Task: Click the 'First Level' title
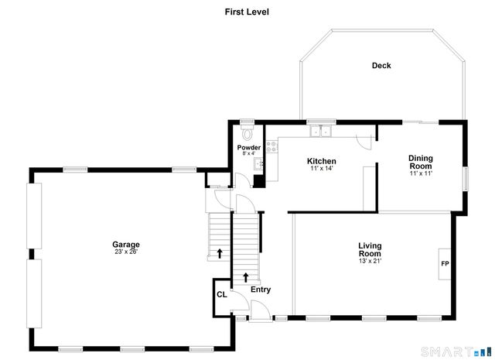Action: click(x=247, y=12)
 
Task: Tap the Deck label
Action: click(x=381, y=66)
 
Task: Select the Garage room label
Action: click(x=126, y=245)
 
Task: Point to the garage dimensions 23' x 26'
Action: click(x=126, y=252)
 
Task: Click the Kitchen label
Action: click(x=321, y=161)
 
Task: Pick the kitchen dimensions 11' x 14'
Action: click(x=321, y=168)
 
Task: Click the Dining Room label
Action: click(x=421, y=163)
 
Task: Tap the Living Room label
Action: click(x=370, y=250)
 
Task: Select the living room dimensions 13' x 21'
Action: click(x=370, y=261)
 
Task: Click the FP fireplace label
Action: click(x=445, y=264)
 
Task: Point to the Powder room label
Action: click(x=248, y=147)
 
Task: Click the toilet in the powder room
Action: click(x=247, y=132)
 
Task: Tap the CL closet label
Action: click(x=221, y=294)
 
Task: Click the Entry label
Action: click(x=261, y=290)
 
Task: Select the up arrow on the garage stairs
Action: click(x=220, y=252)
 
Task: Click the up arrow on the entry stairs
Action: click(x=246, y=276)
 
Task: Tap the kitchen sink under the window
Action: click(x=321, y=131)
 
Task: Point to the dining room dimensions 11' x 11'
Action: click(x=421, y=173)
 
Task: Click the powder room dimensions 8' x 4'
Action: click(x=248, y=153)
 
